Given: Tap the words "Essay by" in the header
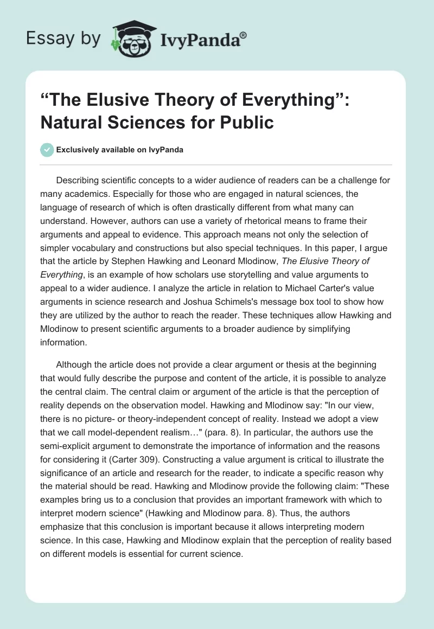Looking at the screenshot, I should [64, 38].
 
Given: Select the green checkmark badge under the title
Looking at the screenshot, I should [47, 150].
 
